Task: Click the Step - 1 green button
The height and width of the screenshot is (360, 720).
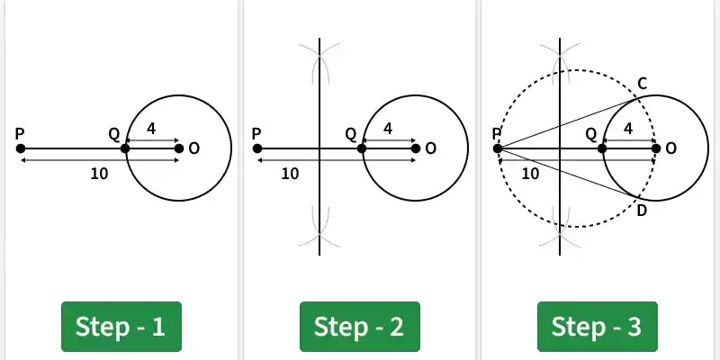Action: [x=121, y=327]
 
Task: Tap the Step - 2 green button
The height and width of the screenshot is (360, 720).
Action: [x=359, y=327]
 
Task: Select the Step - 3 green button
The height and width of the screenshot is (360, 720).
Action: [x=598, y=327]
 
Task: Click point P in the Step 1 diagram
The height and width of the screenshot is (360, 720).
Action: [x=21, y=148]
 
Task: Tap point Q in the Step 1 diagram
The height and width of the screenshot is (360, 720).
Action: [x=125, y=148]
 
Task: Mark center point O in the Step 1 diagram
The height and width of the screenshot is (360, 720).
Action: [x=179, y=148]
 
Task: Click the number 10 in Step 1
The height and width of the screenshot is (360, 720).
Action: [x=99, y=174]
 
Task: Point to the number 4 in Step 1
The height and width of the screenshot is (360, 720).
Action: [x=151, y=129]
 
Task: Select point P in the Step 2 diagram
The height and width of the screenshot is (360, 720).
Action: [x=257, y=148]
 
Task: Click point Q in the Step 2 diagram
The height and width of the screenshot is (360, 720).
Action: [x=362, y=148]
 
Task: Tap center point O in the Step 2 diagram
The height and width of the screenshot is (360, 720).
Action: [x=416, y=148]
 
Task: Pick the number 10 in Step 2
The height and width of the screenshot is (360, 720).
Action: [x=290, y=174]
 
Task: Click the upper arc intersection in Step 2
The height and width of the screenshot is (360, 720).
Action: [x=319, y=55]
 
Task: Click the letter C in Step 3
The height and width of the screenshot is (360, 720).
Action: [x=642, y=84]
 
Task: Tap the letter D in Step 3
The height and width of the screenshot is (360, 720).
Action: [x=642, y=211]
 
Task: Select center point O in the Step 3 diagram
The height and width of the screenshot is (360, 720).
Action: [x=656, y=148]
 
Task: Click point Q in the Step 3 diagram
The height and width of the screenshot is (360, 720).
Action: [x=602, y=148]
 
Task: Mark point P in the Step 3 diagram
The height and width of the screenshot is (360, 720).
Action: [x=498, y=148]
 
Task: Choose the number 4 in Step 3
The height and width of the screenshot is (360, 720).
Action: [x=628, y=129]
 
